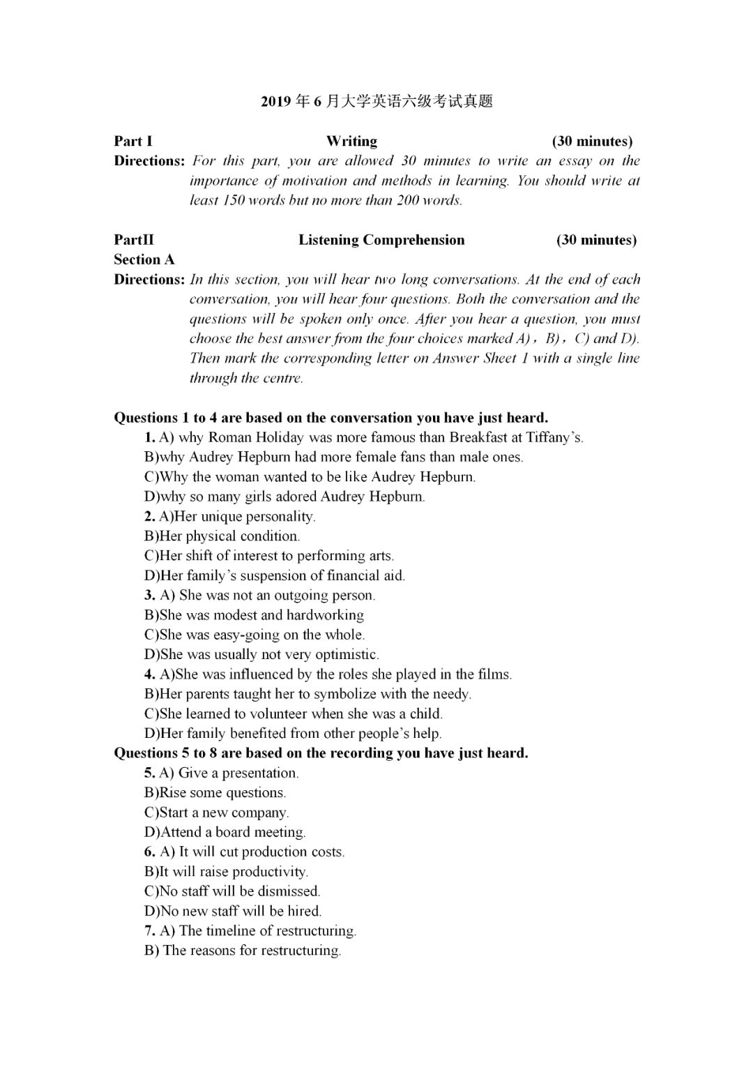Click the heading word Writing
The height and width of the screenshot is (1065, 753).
[x=351, y=141]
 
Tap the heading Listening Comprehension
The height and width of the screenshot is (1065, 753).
[x=381, y=240]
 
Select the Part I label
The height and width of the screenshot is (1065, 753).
[x=133, y=141]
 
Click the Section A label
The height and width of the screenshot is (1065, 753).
[x=144, y=259]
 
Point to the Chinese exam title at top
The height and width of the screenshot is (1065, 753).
[x=376, y=101]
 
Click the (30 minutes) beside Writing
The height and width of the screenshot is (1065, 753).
[x=592, y=141]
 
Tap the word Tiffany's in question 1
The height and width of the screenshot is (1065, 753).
[x=556, y=438]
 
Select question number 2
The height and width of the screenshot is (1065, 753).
[x=149, y=517]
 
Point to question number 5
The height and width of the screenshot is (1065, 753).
[x=149, y=773]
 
